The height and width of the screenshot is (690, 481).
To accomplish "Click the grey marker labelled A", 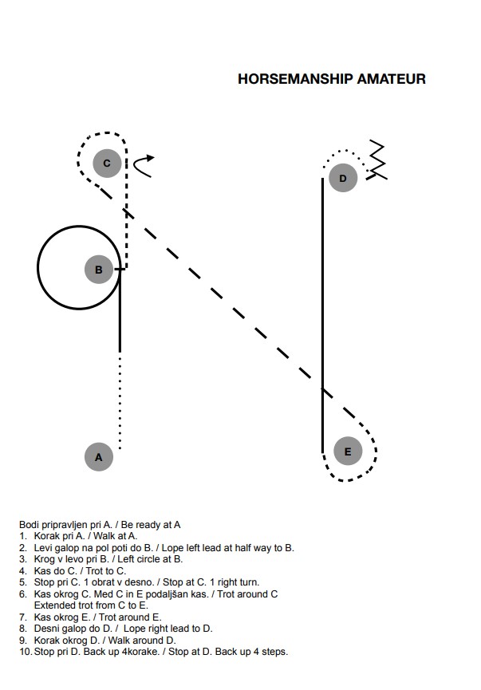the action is [x=99, y=457].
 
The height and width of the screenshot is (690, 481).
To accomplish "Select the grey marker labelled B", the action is [x=99, y=270].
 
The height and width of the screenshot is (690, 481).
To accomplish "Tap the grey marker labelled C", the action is [x=107, y=163].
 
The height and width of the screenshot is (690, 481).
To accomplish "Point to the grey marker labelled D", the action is [x=343, y=178].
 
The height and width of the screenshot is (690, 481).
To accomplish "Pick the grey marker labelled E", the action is [x=348, y=451].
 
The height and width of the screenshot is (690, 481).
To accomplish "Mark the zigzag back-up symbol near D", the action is [x=377, y=160].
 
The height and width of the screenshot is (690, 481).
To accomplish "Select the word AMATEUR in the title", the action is [x=391, y=79].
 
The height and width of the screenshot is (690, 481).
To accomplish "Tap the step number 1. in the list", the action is [x=23, y=536].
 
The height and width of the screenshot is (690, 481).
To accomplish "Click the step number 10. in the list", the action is [x=26, y=652].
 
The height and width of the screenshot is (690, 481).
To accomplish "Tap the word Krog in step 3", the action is [x=44, y=560].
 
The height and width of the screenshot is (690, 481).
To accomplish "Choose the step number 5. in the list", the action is [x=23, y=582].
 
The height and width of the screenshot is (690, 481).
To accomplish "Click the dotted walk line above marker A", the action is [x=120, y=404].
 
